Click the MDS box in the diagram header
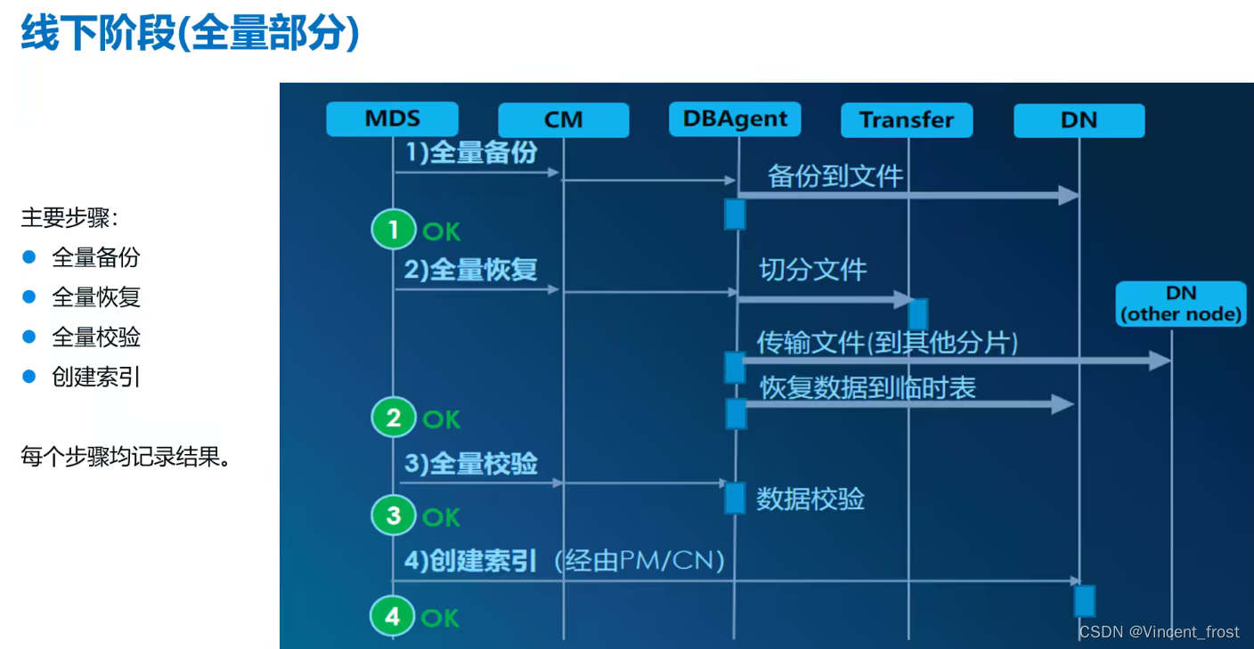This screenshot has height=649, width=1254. click(392, 119)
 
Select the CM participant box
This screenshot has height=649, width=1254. click(563, 120)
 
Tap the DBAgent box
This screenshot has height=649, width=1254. click(735, 119)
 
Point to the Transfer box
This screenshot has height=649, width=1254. click(907, 120)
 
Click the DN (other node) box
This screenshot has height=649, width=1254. click(1180, 304)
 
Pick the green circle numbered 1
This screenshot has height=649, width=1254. click(394, 231)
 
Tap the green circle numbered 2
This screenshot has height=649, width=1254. click(394, 418)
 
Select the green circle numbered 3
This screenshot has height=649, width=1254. click(394, 516)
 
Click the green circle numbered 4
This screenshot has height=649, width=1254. click(394, 617)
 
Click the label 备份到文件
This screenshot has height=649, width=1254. click(835, 176)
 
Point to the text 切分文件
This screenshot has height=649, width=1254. click(812, 269)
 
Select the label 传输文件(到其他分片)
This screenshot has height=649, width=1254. click(887, 342)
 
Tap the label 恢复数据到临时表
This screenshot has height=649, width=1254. click(867, 387)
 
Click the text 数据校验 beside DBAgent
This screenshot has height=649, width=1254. click(810, 499)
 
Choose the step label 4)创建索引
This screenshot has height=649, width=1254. click(470, 561)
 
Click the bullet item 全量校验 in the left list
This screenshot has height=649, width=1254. click(96, 337)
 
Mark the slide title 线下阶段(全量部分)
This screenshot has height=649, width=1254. click(190, 34)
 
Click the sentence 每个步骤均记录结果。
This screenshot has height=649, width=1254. click(126, 458)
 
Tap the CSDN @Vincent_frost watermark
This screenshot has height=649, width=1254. click(1159, 632)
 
